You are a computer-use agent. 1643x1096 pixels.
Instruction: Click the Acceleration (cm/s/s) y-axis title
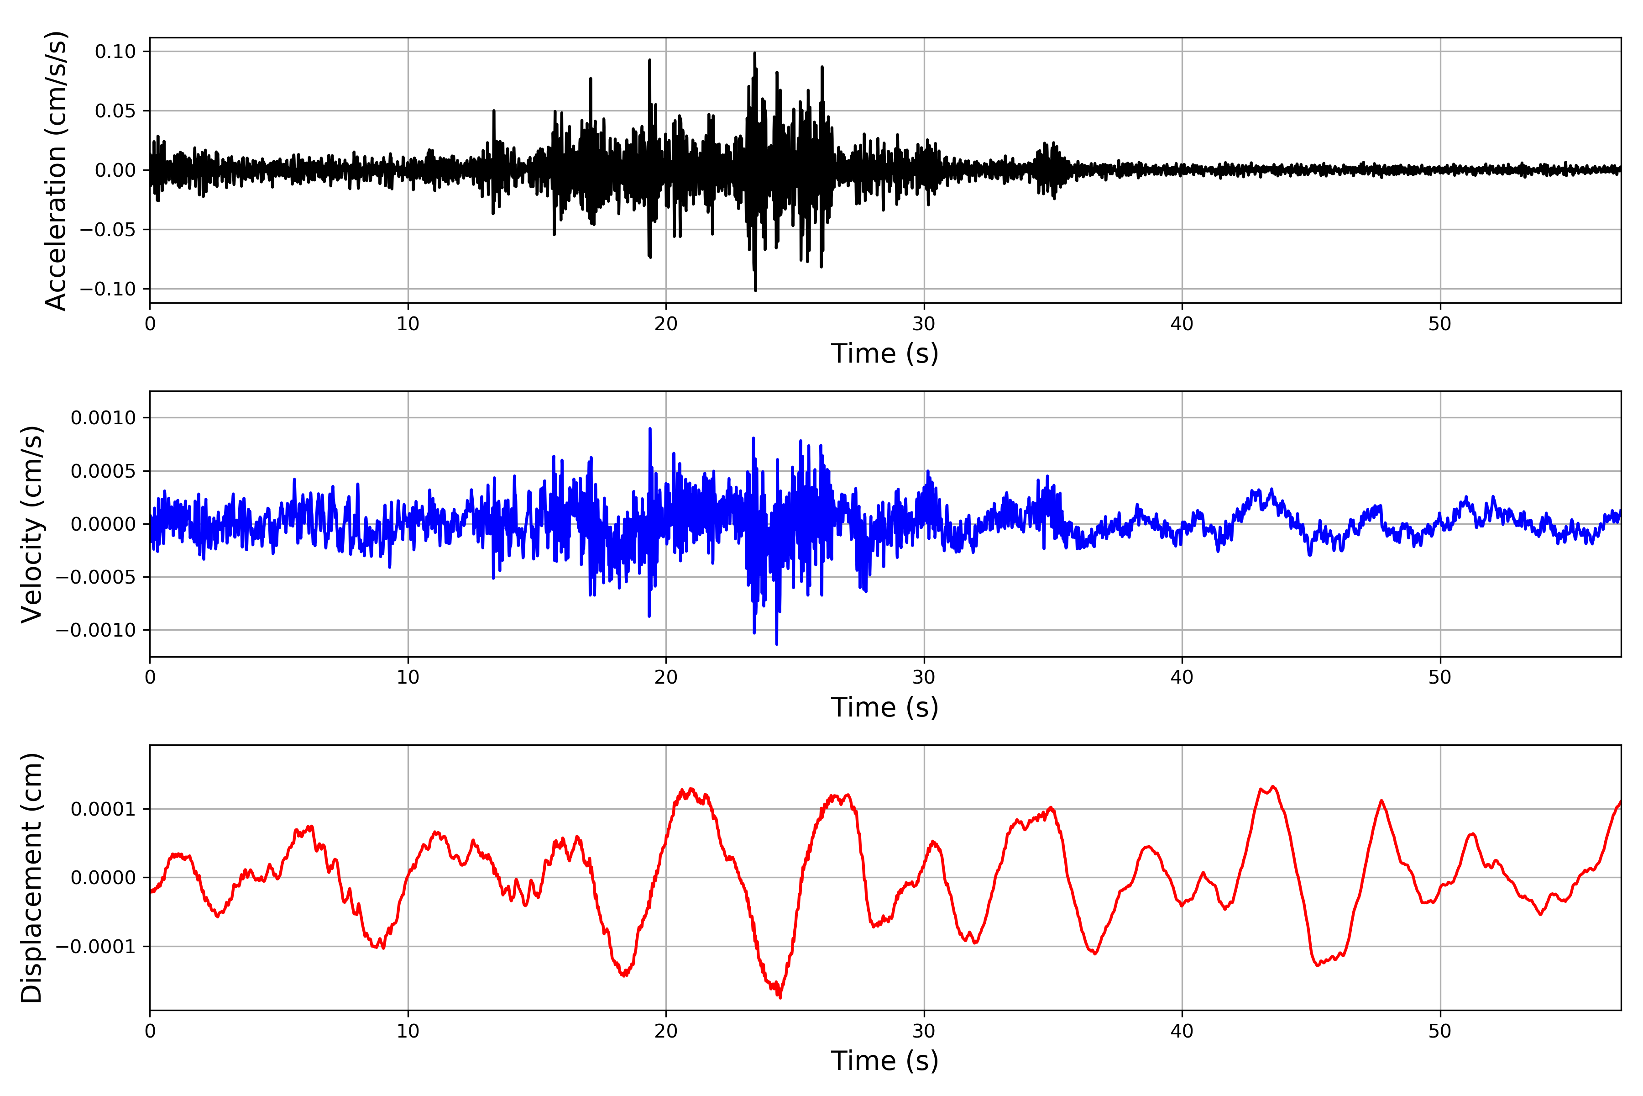click(56, 170)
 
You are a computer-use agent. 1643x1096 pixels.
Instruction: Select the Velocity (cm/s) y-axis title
click(32, 523)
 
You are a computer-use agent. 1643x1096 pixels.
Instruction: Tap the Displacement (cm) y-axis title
click(32, 877)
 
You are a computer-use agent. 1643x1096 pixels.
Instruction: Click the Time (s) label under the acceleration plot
click(884, 353)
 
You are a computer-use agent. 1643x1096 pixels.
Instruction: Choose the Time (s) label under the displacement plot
click(884, 1061)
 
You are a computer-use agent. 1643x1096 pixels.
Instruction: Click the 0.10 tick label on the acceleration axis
click(115, 52)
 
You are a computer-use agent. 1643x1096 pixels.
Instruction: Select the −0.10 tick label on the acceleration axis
click(108, 289)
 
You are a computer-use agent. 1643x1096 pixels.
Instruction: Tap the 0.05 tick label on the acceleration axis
click(115, 111)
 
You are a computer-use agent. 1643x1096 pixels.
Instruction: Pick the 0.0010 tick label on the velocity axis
click(104, 418)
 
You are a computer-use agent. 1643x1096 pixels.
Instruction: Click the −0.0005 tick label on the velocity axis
click(96, 577)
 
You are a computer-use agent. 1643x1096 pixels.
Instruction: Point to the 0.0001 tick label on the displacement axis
click(104, 809)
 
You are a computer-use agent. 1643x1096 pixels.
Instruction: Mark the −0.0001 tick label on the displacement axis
click(96, 946)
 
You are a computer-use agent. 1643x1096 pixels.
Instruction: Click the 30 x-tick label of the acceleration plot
click(923, 324)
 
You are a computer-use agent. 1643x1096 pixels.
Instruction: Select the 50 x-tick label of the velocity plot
click(1440, 677)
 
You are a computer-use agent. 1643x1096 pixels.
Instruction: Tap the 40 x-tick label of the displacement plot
click(1182, 1031)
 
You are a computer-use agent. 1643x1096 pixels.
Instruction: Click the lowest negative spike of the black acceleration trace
click(755, 290)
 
